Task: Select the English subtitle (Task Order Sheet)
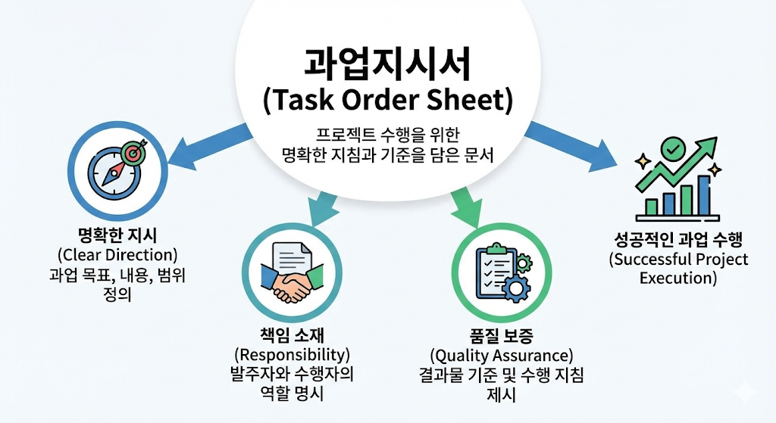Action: (387, 100)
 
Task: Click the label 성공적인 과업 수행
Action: (677, 240)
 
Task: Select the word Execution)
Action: (677, 278)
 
